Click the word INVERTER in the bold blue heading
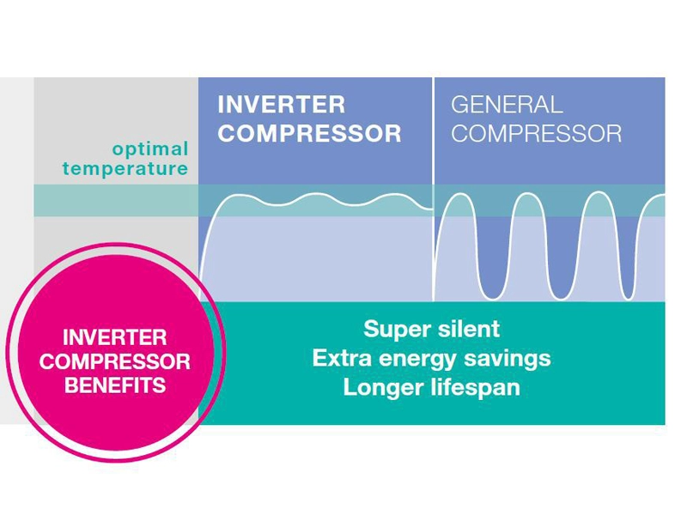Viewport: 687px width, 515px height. pyautogui.click(x=281, y=105)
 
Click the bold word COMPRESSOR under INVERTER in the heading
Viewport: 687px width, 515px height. pyautogui.click(x=309, y=133)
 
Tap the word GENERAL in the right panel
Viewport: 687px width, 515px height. pyautogui.click(x=507, y=105)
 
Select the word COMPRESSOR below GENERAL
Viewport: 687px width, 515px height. pyautogui.click(x=536, y=133)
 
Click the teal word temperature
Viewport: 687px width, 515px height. pyautogui.click(x=125, y=168)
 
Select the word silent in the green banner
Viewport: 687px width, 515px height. pyautogui.click(x=469, y=329)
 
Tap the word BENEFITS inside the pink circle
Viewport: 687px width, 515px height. pyautogui.click(x=114, y=386)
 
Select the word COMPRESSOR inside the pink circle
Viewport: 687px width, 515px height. pyautogui.click(x=114, y=362)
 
